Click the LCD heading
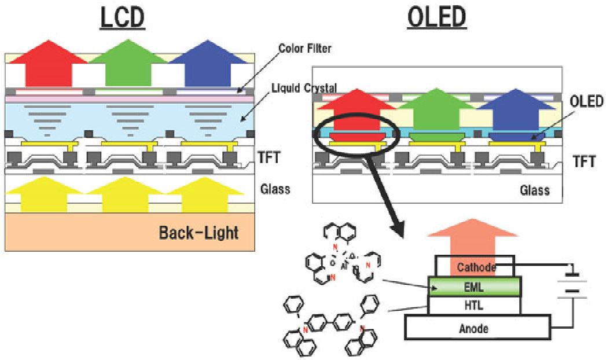point(122,19)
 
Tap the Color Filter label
point(304,49)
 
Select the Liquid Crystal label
point(304,87)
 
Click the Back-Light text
point(198,233)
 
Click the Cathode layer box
point(476,267)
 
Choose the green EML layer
point(475,286)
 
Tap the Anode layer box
point(473,328)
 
